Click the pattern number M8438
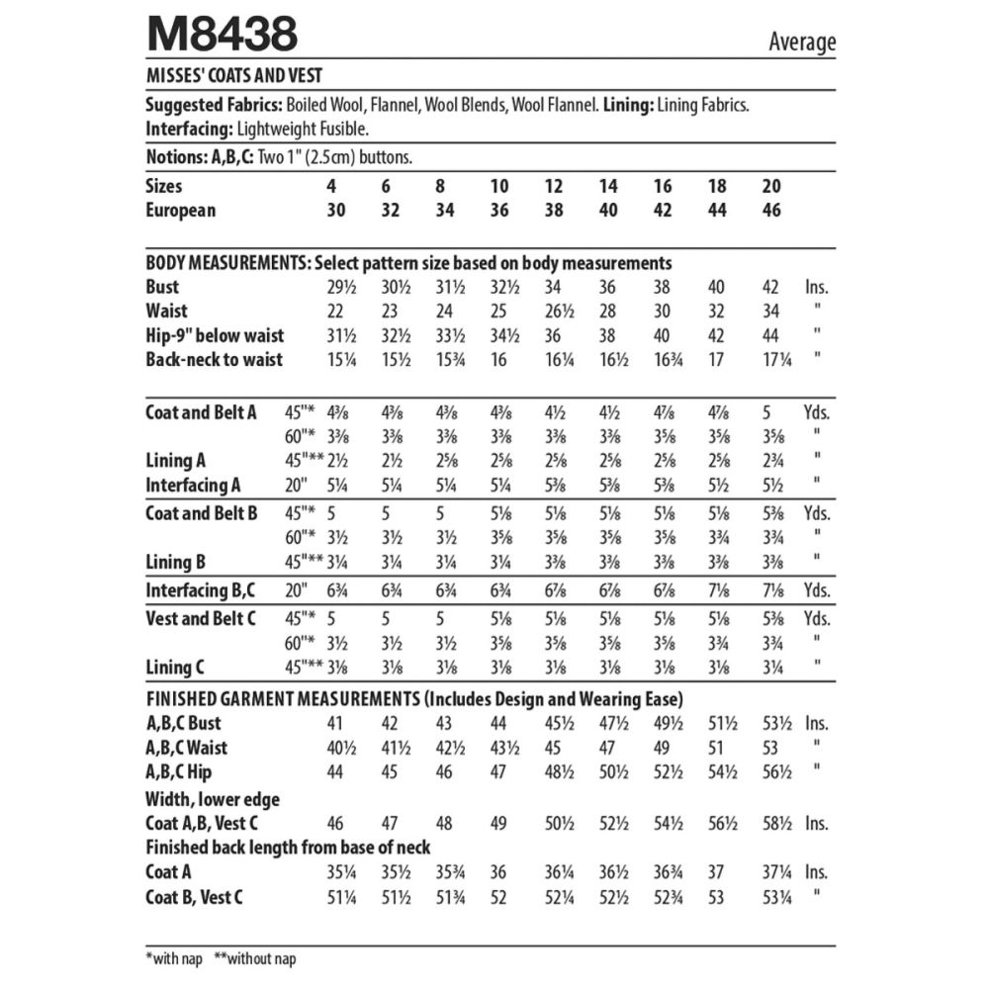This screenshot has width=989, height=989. click(x=222, y=36)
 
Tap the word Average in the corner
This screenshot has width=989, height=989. click(x=801, y=42)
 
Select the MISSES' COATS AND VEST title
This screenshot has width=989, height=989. click(x=232, y=75)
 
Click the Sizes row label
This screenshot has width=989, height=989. click(x=164, y=186)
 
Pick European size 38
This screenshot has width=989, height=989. click(x=554, y=210)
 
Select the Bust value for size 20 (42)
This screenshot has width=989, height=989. click(x=771, y=288)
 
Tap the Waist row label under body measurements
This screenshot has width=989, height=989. click(x=166, y=312)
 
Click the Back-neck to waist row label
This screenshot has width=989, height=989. click(x=214, y=360)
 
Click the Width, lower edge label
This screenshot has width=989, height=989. click(x=213, y=799)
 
